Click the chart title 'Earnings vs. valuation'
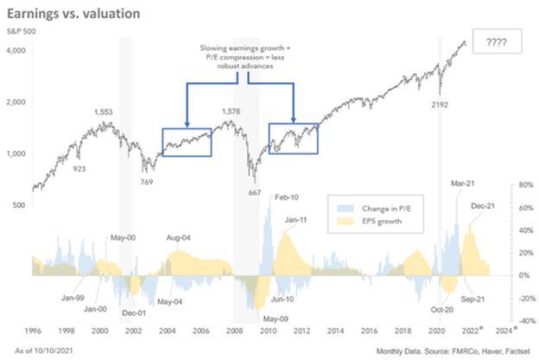pos(82,15)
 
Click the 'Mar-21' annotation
pos(462,183)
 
